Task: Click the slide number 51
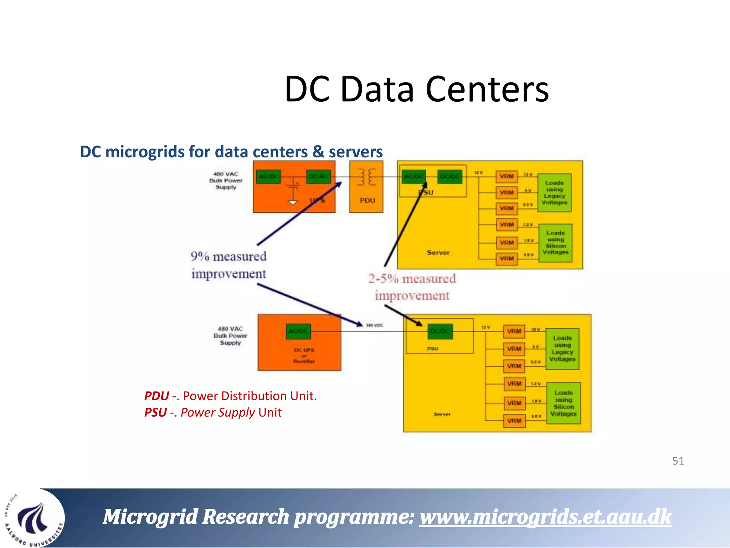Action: (678, 461)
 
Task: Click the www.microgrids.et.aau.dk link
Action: (545, 517)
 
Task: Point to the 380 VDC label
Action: (374, 325)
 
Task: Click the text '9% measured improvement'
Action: (228, 265)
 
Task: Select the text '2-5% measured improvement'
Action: (412, 287)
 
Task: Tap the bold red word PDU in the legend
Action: (156, 396)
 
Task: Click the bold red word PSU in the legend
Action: (155, 412)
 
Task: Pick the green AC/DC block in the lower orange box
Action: (298, 331)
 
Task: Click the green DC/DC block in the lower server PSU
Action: (440, 331)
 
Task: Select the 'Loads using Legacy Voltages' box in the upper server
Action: (554, 193)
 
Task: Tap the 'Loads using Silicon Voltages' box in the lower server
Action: (563, 403)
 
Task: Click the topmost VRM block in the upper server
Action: (507, 176)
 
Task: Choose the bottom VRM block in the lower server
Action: (514, 421)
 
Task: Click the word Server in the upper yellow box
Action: (438, 252)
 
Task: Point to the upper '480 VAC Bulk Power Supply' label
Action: (226, 181)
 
